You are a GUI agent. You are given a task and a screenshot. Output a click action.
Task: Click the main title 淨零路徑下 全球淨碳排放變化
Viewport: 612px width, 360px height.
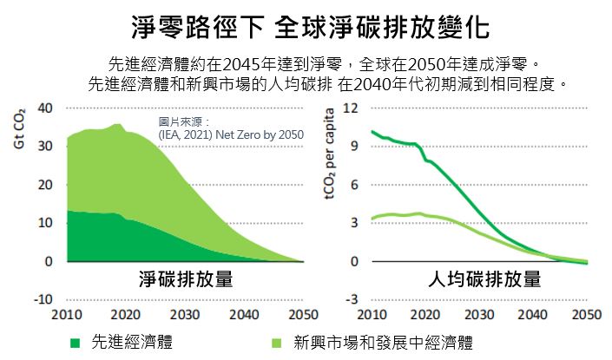tap(310, 28)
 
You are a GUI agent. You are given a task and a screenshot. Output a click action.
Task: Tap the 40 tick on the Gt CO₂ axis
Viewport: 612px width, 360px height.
tap(45, 108)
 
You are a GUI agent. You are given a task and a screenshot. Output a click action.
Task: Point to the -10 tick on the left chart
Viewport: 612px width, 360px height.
tap(43, 299)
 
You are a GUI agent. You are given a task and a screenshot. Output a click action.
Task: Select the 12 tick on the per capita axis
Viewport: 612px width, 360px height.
tap(351, 108)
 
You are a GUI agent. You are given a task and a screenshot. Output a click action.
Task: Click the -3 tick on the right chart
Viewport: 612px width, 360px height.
tap(352, 299)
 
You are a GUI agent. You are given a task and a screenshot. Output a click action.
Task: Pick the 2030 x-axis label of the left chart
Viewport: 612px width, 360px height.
tap(185, 314)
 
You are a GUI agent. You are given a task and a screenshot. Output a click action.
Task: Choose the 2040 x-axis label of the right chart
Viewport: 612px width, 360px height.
tap(533, 314)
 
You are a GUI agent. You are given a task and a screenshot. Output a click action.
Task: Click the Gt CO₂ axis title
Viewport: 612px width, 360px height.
tap(19, 128)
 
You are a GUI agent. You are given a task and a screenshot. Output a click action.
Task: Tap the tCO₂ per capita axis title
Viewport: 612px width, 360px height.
tap(330, 154)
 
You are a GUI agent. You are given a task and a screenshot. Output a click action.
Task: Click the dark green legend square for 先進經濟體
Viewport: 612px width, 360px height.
tap(75, 344)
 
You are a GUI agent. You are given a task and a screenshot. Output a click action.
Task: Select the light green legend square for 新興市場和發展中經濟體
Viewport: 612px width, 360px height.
tap(276, 344)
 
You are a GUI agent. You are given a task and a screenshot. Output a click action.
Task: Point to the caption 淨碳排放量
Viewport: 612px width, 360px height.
tap(186, 279)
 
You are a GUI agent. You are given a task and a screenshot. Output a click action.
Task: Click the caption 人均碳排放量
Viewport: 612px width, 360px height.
tap(484, 279)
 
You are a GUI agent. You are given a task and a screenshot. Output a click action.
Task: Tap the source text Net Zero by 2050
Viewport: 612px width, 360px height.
tap(260, 135)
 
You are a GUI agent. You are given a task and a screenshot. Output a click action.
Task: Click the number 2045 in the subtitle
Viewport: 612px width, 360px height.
tap(242, 64)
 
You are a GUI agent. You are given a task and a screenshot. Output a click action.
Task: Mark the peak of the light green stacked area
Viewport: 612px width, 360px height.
tap(117, 124)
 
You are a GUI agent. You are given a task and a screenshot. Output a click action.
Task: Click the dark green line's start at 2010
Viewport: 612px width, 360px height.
tap(372, 132)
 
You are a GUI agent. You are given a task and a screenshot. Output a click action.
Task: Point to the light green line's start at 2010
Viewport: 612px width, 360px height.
tap(372, 218)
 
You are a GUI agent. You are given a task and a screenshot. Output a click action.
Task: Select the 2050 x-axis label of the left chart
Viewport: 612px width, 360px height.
tap(303, 314)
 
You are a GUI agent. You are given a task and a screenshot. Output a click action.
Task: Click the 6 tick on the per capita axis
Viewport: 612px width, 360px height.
tap(354, 185)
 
